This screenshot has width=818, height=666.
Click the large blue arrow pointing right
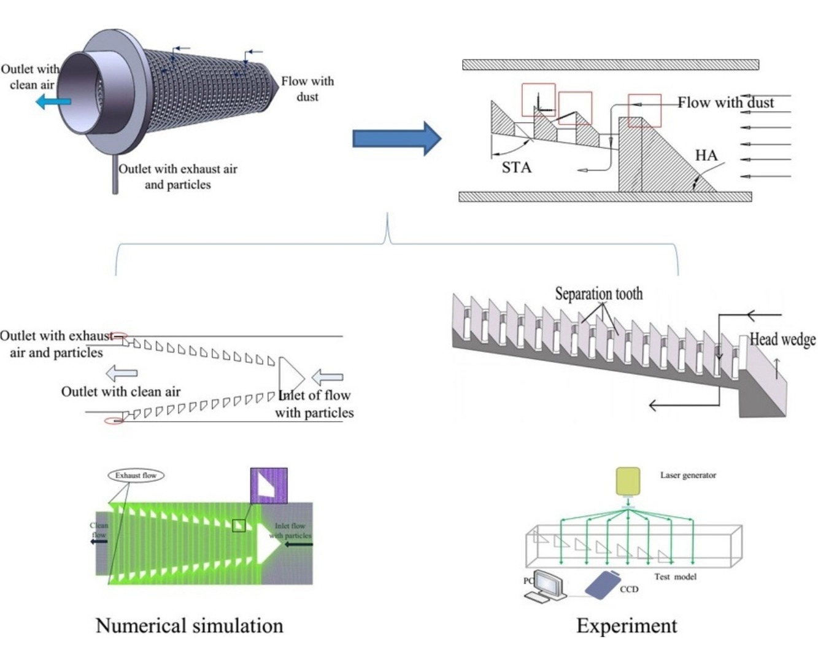[396, 139]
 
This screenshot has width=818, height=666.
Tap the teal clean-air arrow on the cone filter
[53, 101]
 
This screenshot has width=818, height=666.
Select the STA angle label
[516, 168]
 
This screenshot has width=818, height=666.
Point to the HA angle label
[706, 155]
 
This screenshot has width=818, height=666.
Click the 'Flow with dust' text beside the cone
[307, 88]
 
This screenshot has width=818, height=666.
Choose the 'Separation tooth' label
[598, 294]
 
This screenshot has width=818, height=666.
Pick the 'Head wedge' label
[782, 339]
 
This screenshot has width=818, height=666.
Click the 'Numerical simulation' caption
[189, 625]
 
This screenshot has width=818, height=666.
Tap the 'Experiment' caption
[627, 625]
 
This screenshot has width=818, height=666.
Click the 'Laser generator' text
[688, 475]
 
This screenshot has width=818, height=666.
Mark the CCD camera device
[603, 584]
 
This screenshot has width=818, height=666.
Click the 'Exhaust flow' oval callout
[136, 475]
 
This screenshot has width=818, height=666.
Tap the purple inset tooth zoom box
[269, 486]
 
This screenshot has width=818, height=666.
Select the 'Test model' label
[675, 577]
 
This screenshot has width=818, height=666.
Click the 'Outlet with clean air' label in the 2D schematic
[121, 392]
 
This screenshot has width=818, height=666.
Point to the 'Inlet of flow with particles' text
[314, 404]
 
